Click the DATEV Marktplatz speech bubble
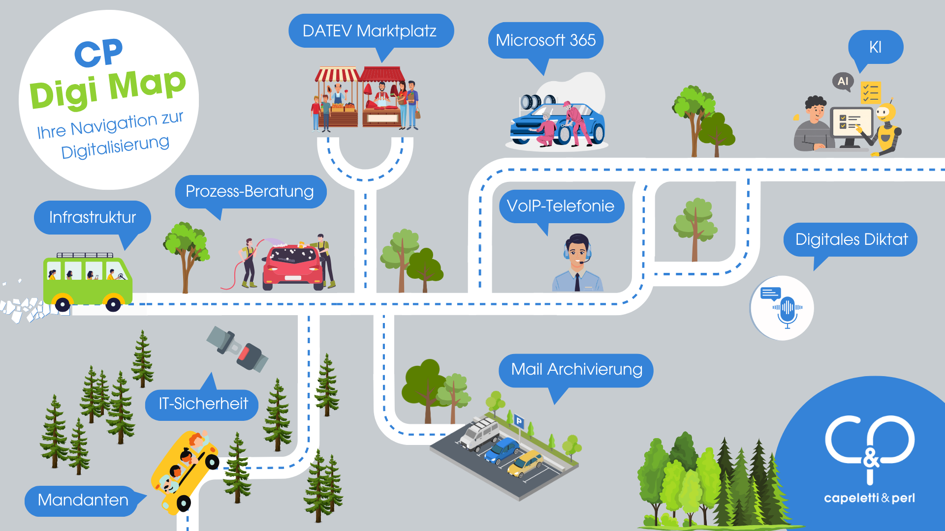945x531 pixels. pyautogui.click(x=370, y=31)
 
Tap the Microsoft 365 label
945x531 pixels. pyautogui.click(x=545, y=40)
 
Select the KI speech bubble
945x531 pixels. pyautogui.click(x=875, y=47)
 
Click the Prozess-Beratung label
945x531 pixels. pyautogui.click(x=250, y=191)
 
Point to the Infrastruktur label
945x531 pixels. pyautogui.click(x=93, y=217)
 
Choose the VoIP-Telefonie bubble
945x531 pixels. pyautogui.click(x=561, y=206)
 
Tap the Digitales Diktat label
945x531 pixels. pyautogui.click(x=851, y=239)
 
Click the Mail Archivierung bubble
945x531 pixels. pyautogui.click(x=576, y=370)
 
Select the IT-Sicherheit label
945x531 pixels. pyautogui.click(x=203, y=404)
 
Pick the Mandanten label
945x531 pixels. pyautogui.click(x=83, y=501)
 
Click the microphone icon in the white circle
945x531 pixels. pyautogui.click(x=787, y=310)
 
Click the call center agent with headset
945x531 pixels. pyautogui.click(x=577, y=263)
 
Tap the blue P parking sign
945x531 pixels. pyautogui.click(x=518, y=421)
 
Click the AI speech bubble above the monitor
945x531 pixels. pyautogui.click(x=843, y=81)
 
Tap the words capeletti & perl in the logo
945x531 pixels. pyautogui.click(x=869, y=498)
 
